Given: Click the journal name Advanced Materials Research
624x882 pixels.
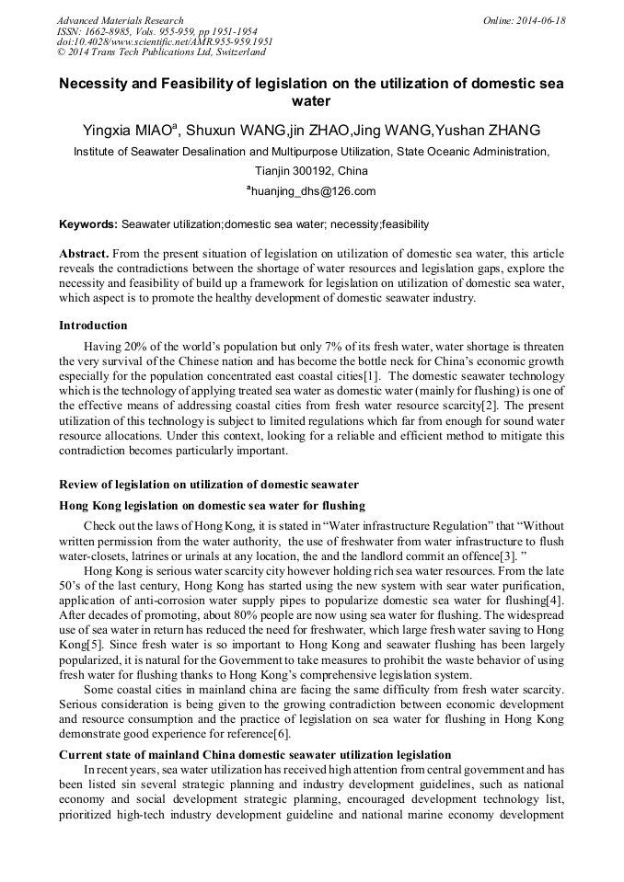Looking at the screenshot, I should pyautogui.click(x=120, y=20).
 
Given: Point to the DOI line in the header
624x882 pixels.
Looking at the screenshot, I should pyautogui.click(x=165, y=41).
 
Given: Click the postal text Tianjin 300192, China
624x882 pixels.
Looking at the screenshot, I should pyautogui.click(x=311, y=171).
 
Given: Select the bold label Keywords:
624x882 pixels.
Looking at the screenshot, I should pyautogui.click(x=88, y=224).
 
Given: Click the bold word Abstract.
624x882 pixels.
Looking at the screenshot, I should pyautogui.click(x=85, y=253).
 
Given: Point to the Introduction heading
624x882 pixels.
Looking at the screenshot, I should pyautogui.click(x=93, y=326).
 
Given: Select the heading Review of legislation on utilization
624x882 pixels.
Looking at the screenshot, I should pyautogui.click(x=208, y=485).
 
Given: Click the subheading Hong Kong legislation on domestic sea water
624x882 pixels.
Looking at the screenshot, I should pyautogui.click(x=212, y=505).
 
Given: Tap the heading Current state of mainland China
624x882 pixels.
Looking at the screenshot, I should pyautogui.click(x=255, y=754).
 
